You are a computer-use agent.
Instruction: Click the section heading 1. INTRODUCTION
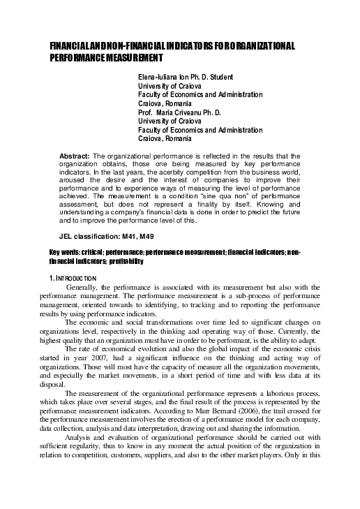pos(76,279)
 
